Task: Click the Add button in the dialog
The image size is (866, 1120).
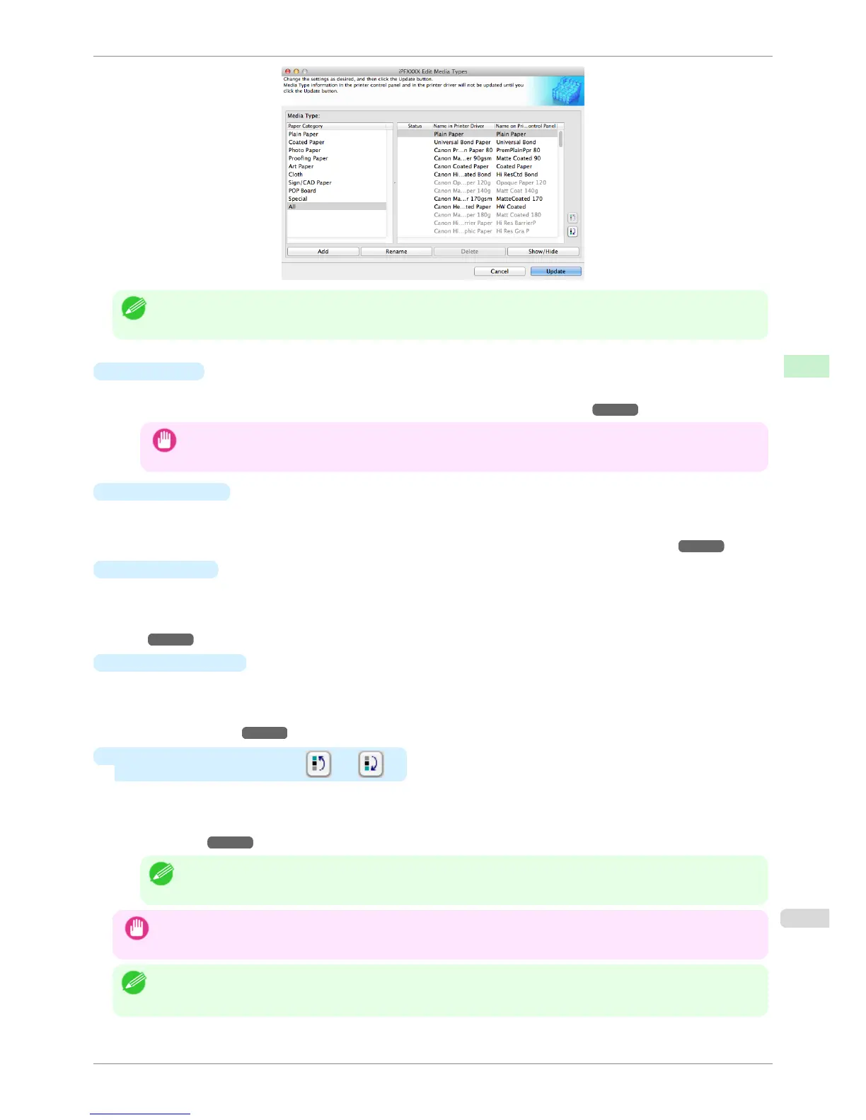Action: click(x=323, y=252)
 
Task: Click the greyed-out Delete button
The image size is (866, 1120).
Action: click(x=469, y=252)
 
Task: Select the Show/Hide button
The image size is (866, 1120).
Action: click(x=543, y=252)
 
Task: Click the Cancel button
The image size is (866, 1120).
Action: click(x=500, y=272)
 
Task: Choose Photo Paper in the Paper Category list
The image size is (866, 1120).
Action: click(x=304, y=150)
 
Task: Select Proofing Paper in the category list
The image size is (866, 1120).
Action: click(x=308, y=158)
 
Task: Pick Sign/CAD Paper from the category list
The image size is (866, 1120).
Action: click(x=310, y=182)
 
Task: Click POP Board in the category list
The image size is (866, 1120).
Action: click(x=302, y=191)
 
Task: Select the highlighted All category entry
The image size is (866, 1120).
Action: click(x=292, y=206)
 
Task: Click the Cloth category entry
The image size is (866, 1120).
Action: click(x=296, y=175)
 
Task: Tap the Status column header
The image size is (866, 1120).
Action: click(x=415, y=126)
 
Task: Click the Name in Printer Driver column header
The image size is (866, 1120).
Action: click(x=458, y=126)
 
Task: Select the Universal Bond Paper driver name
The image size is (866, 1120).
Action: click(x=462, y=142)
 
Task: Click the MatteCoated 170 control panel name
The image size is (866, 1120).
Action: click(x=519, y=199)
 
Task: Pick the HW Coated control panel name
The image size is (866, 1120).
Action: click(x=511, y=207)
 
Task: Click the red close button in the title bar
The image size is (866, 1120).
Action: click(x=288, y=71)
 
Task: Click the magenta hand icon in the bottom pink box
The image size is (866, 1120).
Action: click(x=137, y=928)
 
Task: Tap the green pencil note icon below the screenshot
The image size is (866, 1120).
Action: click(x=134, y=308)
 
